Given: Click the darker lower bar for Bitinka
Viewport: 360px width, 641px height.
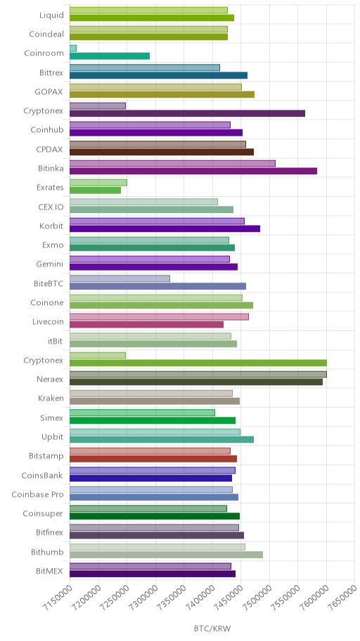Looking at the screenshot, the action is click(x=193, y=171).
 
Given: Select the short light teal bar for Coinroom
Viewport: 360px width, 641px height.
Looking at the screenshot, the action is click(x=73, y=48).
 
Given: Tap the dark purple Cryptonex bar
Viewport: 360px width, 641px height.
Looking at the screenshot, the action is click(x=187, y=113).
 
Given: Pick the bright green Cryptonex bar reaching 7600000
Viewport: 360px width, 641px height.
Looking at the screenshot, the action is click(x=198, y=363).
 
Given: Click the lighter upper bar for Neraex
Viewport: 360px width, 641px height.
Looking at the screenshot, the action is click(x=198, y=375).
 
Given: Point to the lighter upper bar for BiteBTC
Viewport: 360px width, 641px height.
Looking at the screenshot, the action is click(x=120, y=278).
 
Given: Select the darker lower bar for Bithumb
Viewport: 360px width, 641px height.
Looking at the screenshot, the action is click(x=166, y=555).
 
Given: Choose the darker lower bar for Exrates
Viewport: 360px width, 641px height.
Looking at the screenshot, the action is click(x=96, y=190).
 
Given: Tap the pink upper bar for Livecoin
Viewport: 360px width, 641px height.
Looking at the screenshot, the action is click(x=159, y=317).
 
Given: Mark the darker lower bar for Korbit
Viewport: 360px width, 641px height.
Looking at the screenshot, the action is click(x=165, y=228).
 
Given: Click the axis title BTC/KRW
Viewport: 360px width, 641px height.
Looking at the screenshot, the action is click(x=212, y=629).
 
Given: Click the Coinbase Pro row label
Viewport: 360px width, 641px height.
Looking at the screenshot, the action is click(x=38, y=495).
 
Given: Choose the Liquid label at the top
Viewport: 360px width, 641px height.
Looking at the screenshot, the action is click(x=51, y=15).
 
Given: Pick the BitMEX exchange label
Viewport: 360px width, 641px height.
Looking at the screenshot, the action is click(x=49, y=571).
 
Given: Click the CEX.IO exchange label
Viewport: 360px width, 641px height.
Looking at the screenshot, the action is click(x=51, y=207).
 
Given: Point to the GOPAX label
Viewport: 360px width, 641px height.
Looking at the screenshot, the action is click(x=49, y=91).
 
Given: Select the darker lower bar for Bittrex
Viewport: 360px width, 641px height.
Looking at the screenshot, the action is click(x=159, y=75).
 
